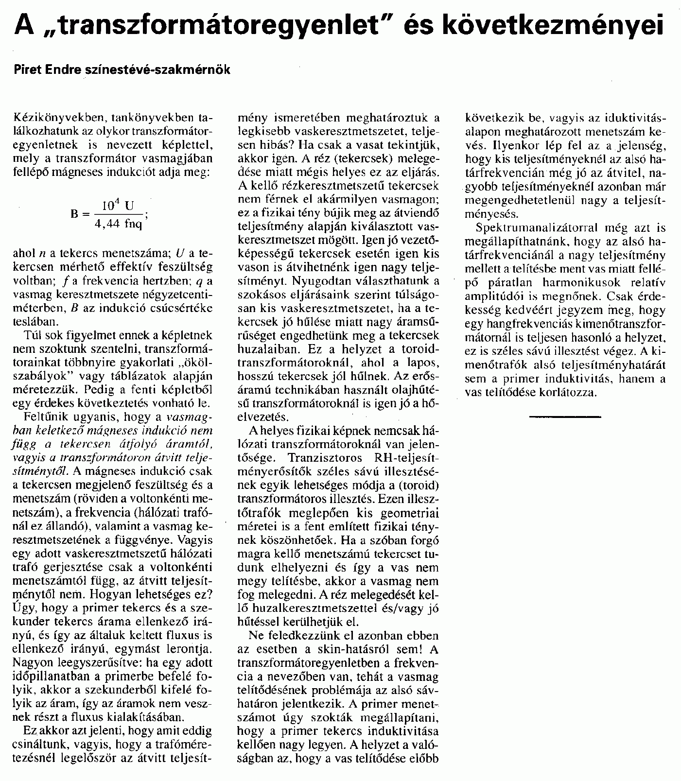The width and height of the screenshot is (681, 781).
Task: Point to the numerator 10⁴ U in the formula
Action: pyautogui.click(x=117, y=206)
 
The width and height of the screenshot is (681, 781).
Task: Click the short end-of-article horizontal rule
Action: pyautogui.click(x=565, y=417)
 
